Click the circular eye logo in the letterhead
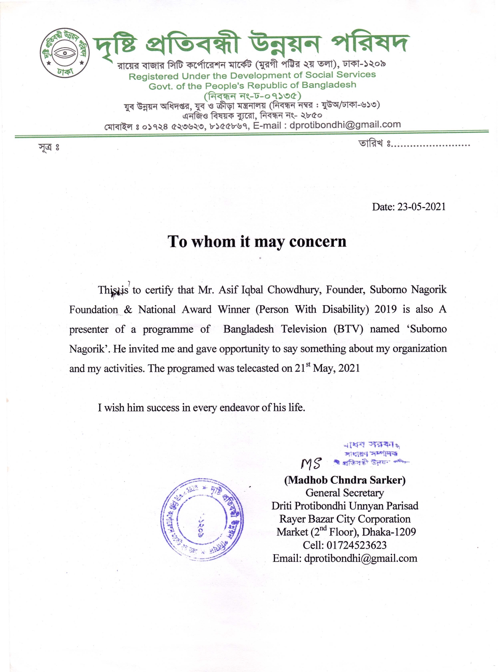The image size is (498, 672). [64, 52]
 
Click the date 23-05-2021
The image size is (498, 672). [421, 207]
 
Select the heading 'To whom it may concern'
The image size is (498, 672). [257, 241]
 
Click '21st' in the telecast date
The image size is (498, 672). [303, 368]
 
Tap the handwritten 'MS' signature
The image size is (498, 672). [311, 464]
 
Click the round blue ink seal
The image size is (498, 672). [202, 519]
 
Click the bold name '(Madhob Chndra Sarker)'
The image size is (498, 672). [345, 480]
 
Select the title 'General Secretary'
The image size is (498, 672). [345, 493]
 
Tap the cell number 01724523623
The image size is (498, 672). [356, 545]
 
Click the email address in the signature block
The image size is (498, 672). [360, 558]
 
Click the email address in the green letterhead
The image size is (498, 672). [345, 125]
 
